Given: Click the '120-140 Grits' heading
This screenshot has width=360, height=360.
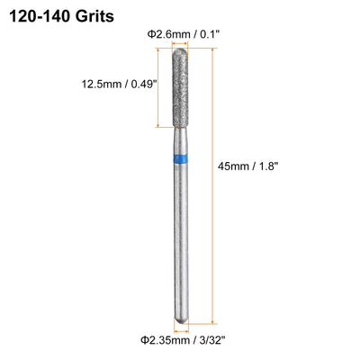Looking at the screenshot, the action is [x=62, y=16].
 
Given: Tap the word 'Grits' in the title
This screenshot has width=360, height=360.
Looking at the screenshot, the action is [x=94, y=16].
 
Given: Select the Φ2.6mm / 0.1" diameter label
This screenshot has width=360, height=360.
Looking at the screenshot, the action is [x=184, y=34].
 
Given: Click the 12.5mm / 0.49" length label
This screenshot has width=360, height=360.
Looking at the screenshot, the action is [x=120, y=84].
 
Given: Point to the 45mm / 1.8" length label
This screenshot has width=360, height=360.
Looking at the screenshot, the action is [x=248, y=166].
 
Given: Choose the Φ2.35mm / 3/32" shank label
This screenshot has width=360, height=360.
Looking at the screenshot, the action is [x=183, y=340].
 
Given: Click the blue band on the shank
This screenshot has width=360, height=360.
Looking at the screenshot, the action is [x=181, y=158].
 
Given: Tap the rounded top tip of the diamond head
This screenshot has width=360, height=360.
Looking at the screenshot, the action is [x=179, y=49].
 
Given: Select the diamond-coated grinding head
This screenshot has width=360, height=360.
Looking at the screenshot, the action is [x=180, y=87].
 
